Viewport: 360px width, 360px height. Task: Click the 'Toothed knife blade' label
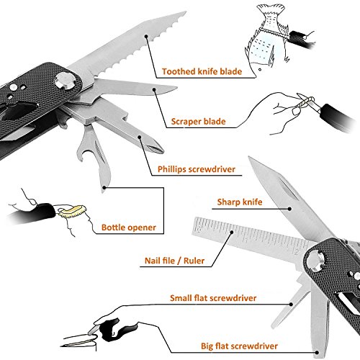point(202,71)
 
